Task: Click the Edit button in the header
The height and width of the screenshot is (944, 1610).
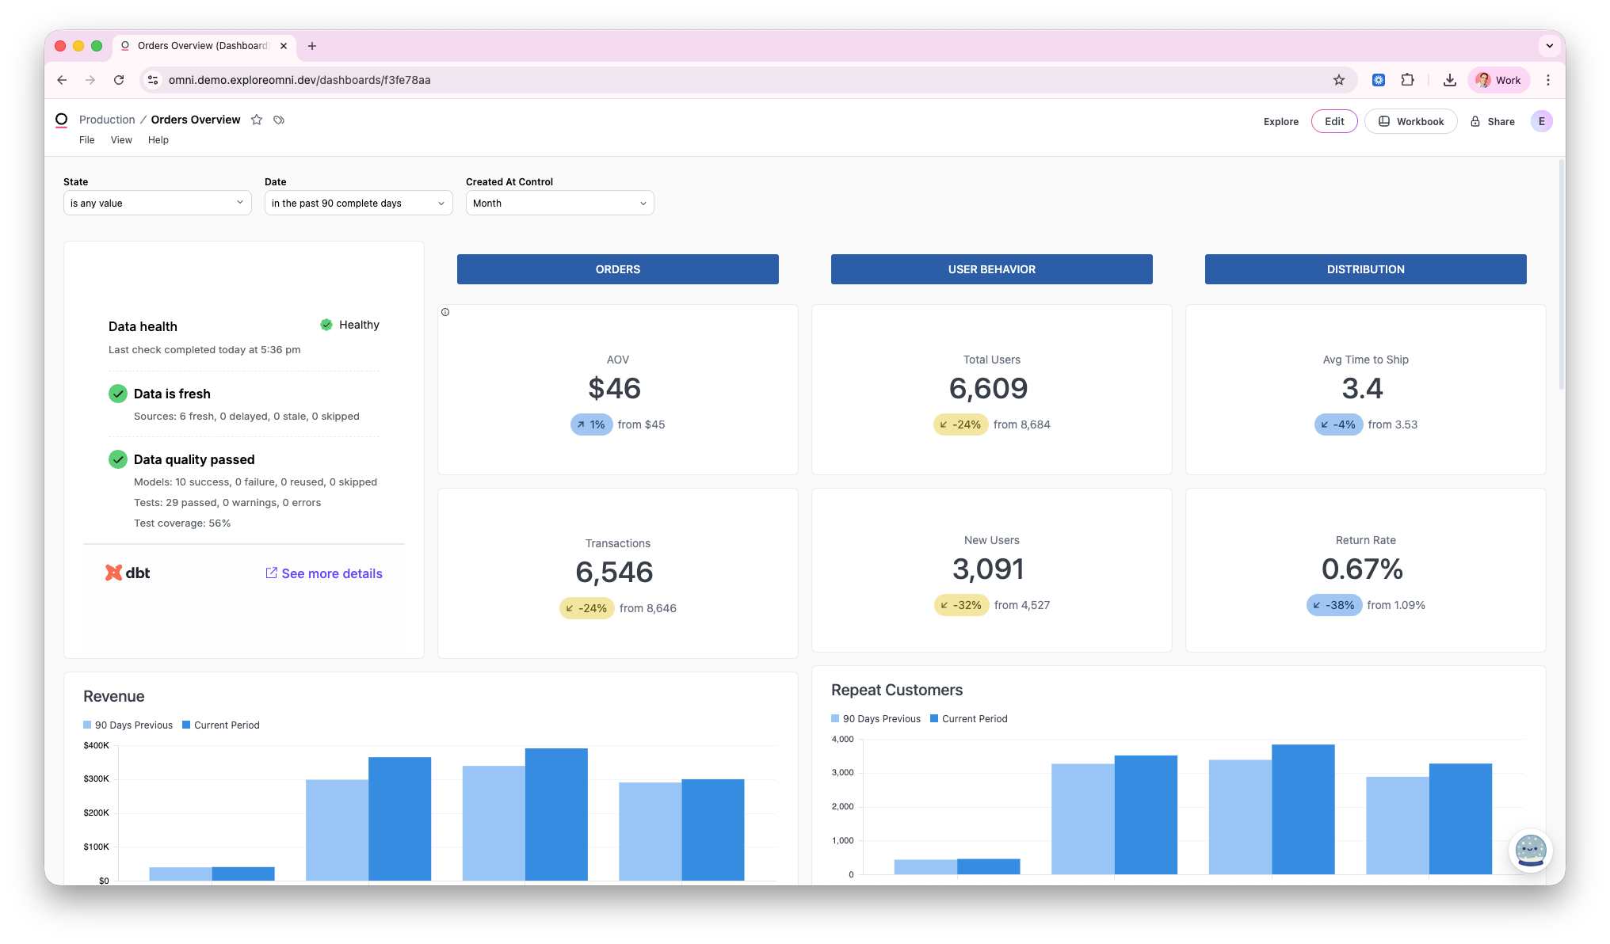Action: [x=1334, y=121]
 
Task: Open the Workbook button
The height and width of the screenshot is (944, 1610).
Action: [x=1410, y=121]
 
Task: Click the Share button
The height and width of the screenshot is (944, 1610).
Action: [x=1493, y=121]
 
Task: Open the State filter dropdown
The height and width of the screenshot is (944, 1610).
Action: [x=157, y=203]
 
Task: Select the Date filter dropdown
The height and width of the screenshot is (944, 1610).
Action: [x=358, y=203]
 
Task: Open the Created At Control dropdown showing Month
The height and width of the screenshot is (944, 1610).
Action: [x=559, y=203]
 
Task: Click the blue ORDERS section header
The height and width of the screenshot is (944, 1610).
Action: [x=617, y=269]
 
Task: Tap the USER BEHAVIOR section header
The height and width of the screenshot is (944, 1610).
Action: [x=991, y=269]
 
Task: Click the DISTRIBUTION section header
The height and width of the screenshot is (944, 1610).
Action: [x=1365, y=269]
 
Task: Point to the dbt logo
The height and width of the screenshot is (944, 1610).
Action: [x=128, y=573]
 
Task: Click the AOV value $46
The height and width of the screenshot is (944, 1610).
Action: [x=614, y=388]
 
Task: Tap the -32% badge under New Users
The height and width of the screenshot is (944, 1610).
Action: [x=961, y=605]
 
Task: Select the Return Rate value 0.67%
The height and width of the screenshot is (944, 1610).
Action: [x=1362, y=569]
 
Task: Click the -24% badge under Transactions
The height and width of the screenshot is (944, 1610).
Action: [x=586, y=608]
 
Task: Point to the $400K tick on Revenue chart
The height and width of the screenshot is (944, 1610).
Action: [x=96, y=745]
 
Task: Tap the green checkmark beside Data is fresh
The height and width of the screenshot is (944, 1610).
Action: [x=117, y=394]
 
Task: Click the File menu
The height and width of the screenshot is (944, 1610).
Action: [x=86, y=140]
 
